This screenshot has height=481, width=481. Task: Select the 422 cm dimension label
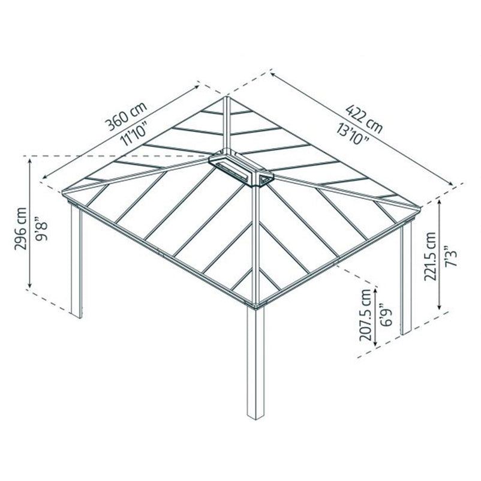(364, 119)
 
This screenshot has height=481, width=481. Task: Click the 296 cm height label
(21, 229)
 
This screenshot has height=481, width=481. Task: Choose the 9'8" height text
(41, 229)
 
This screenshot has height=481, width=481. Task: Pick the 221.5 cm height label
(431, 256)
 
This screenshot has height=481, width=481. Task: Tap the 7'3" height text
(450, 256)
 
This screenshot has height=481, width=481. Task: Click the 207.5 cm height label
(365, 315)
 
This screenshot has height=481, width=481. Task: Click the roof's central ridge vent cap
(240, 167)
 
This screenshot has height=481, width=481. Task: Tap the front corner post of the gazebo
(255, 363)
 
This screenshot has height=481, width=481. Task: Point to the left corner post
(76, 261)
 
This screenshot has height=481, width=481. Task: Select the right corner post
(406, 278)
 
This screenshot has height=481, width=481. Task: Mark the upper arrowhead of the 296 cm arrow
(30, 161)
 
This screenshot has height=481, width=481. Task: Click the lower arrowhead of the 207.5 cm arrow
(375, 343)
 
